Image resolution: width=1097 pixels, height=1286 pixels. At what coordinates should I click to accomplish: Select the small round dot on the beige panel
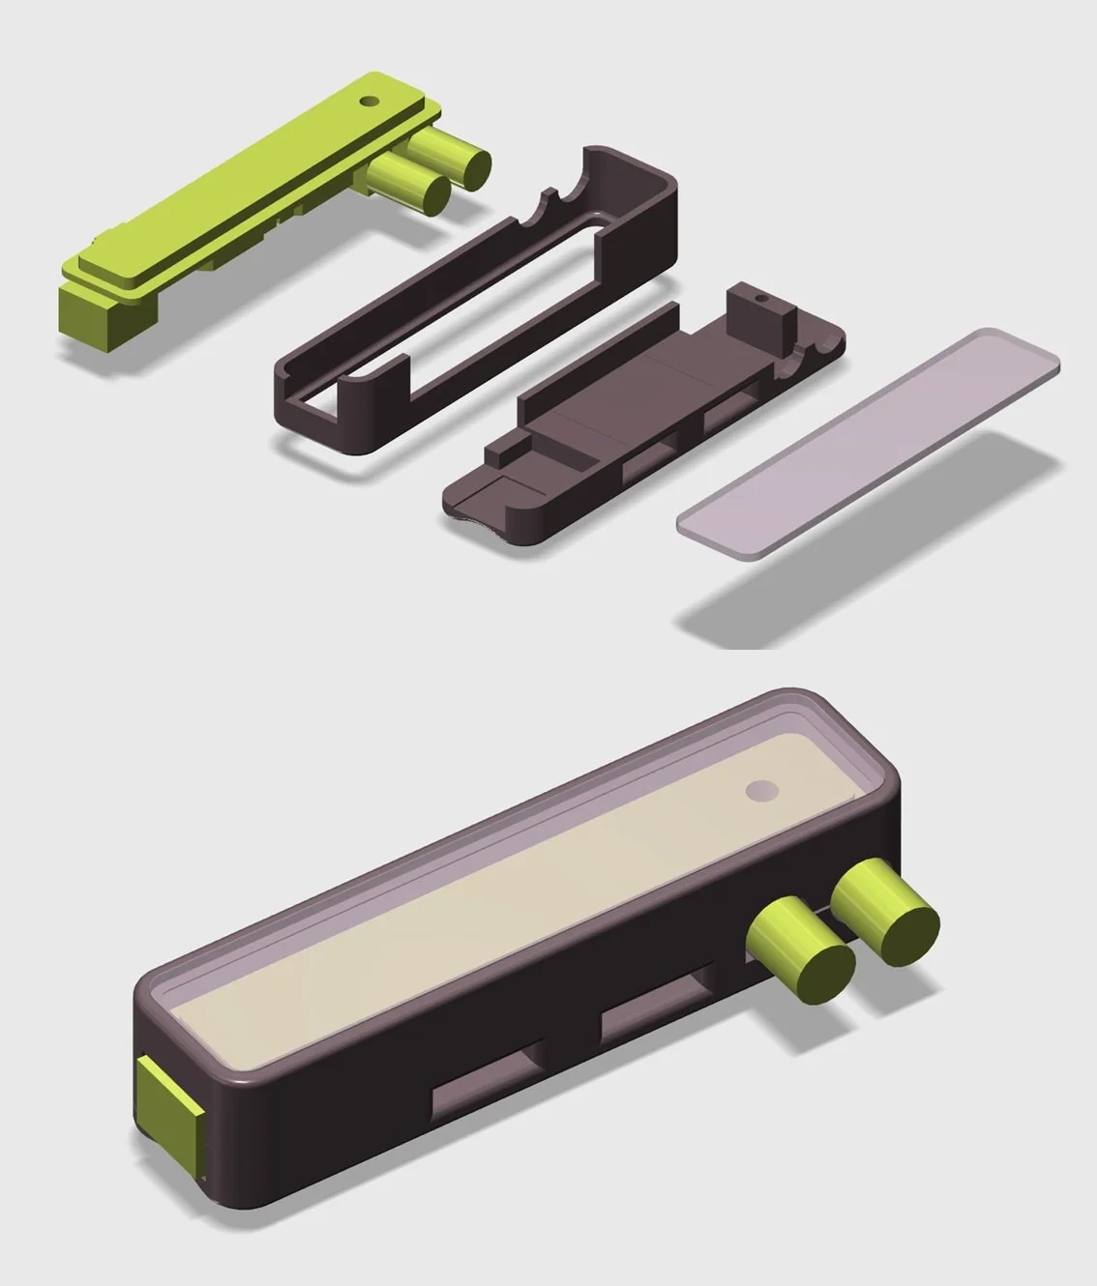tap(760, 792)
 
